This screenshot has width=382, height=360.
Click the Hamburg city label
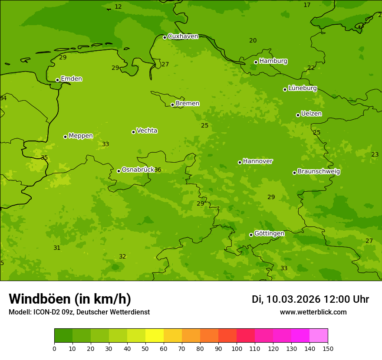(273, 61)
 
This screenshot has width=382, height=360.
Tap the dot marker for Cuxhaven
(165, 37)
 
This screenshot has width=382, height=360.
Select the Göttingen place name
(269, 234)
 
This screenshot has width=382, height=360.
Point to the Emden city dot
(57, 80)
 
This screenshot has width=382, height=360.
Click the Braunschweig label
(319, 172)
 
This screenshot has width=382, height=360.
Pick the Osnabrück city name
(138, 170)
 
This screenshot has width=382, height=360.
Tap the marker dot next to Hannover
(240, 162)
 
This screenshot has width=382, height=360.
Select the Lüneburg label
(302, 88)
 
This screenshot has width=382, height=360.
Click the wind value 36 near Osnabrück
(158, 170)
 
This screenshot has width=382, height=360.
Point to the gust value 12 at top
(118, 7)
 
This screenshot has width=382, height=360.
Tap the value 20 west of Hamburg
(253, 41)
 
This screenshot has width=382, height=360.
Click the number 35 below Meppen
(44, 158)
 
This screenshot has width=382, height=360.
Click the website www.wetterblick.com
(313, 312)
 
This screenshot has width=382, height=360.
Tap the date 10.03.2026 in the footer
(293, 299)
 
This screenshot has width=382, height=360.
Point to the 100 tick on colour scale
(237, 349)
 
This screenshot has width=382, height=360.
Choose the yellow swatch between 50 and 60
(155, 335)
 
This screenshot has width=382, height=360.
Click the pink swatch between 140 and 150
(319, 335)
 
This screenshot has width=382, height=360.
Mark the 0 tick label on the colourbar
(54, 349)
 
